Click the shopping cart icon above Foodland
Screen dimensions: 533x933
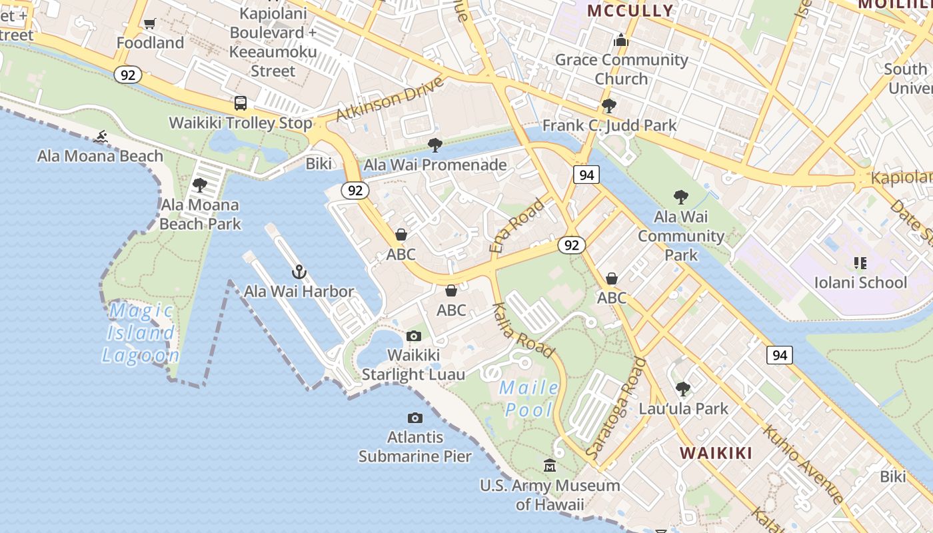(x=150, y=24)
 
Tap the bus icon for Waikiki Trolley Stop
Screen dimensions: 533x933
(x=241, y=103)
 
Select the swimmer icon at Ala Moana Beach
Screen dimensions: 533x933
(x=101, y=137)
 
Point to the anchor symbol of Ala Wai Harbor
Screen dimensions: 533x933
(x=299, y=272)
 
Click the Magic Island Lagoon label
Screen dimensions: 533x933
(x=141, y=332)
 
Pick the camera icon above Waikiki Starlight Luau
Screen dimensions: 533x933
(x=414, y=336)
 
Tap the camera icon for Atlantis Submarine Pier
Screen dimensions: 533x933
(x=415, y=418)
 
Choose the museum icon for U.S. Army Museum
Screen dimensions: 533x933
(x=550, y=465)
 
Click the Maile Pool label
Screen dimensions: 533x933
(x=529, y=398)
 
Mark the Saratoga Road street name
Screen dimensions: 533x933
(x=616, y=408)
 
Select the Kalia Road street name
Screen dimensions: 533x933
(x=523, y=330)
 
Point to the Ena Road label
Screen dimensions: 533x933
(x=516, y=225)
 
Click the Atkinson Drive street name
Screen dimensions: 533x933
(x=390, y=99)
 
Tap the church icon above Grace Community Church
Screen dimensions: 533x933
(x=621, y=41)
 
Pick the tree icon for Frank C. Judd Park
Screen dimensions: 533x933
(x=608, y=106)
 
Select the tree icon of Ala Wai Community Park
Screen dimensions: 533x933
(x=680, y=197)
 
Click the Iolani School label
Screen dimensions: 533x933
(x=860, y=282)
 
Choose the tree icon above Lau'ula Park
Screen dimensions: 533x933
(x=683, y=388)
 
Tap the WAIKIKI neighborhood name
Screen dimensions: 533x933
(x=716, y=453)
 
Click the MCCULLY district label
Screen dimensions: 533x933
(x=630, y=11)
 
